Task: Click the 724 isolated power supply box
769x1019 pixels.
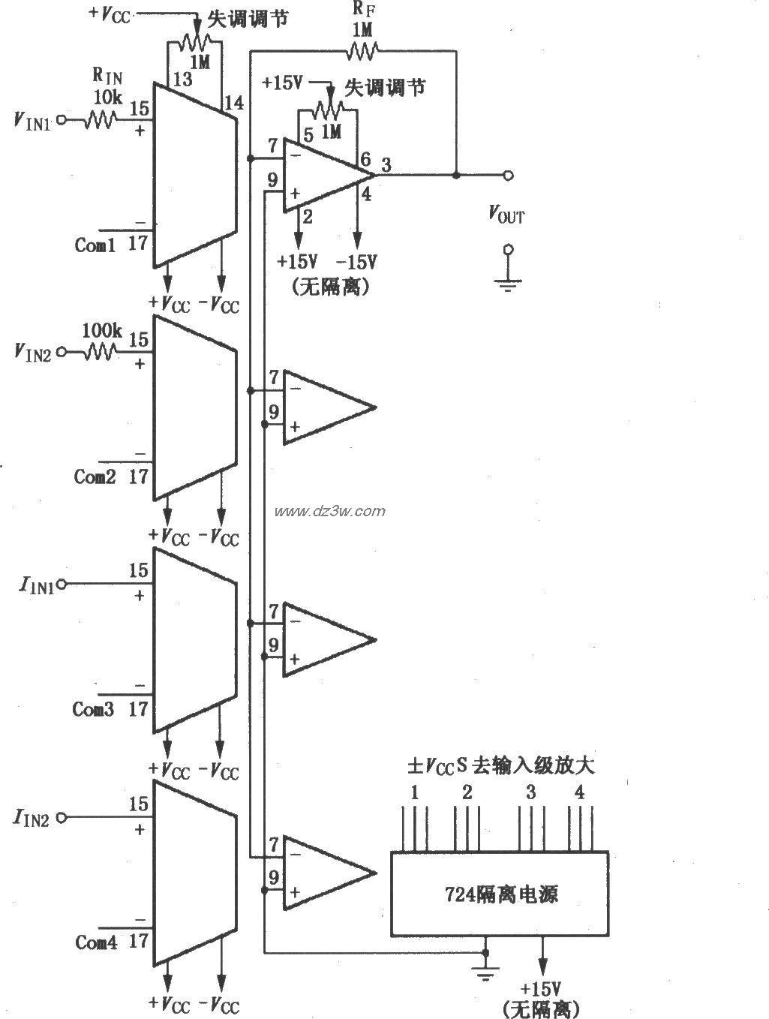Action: [x=499, y=893]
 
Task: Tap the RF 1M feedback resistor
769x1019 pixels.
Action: [x=362, y=51]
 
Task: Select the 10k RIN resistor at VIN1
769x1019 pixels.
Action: [x=99, y=119]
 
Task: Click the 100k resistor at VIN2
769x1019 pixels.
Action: [x=99, y=351]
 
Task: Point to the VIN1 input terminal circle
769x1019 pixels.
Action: [x=62, y=119]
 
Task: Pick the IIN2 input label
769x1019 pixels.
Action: [x=31, y=818]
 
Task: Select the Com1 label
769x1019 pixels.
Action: [x=95, y=245]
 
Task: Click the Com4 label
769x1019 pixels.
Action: [x=96, y=942]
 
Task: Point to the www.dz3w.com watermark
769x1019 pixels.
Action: [x=330, y=512]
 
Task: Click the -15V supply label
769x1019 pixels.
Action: [x=356, y=262]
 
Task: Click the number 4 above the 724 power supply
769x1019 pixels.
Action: [x=579, y=792]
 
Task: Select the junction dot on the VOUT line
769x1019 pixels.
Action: [x=455, y=175]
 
